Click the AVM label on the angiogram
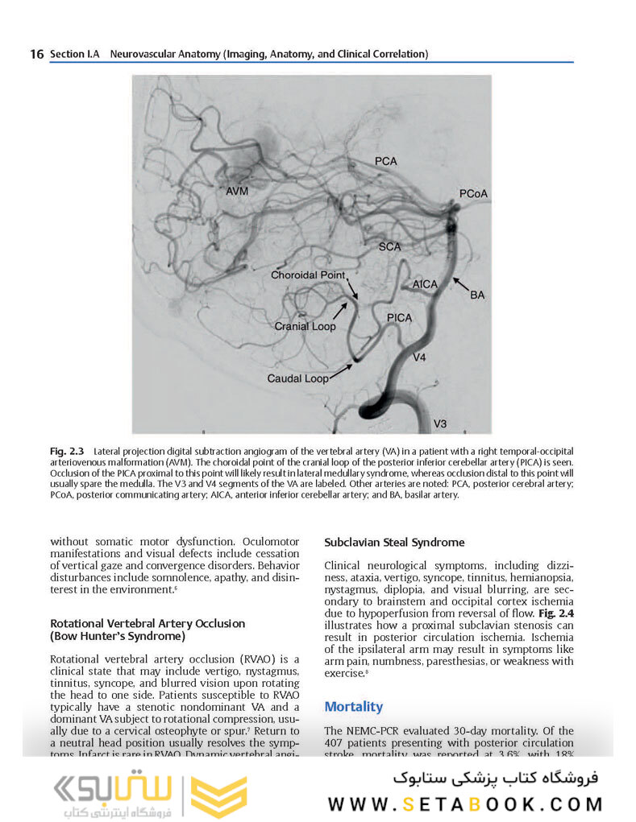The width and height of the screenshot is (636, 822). [x=238, y=191]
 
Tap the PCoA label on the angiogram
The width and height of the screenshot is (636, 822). [x=473, y=194]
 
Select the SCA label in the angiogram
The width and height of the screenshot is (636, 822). [x=389, y=247]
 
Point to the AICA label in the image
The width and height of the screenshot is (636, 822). [x=425, y=285]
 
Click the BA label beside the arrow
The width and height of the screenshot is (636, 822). [x=477, y=295]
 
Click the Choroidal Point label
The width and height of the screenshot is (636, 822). [x=307, y=275]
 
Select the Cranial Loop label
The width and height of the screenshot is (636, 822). [x=305, y=327]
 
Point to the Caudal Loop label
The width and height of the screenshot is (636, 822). [x=298, y=378]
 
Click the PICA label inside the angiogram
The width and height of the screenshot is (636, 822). [x=398, y=318]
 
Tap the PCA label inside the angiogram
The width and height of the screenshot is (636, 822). [x=385, y=161]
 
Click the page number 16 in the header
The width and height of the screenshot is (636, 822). [x=36, y=54]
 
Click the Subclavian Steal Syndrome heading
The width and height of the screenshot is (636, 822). [x=394, y=543]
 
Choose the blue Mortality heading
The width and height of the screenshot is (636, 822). [x=353, y=706]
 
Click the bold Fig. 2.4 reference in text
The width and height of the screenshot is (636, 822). [x=556, y=612]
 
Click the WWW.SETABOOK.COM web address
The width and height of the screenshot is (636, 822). [x=465, y=803]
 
